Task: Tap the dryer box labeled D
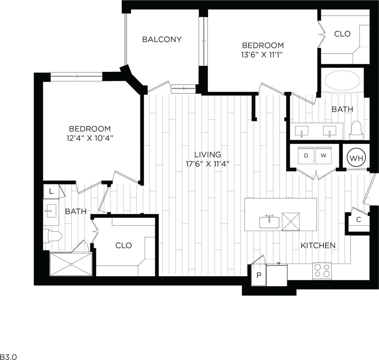(x=306, y=156)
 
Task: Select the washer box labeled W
(x=324, y=156)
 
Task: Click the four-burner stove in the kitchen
(x=322, y=271)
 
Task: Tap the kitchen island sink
(x=269, y=222)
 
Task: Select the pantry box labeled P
(x=258, y=276)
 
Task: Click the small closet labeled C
(x=359, y=220)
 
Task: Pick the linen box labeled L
(x=51, y=191)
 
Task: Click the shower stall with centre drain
(x=71, y=264)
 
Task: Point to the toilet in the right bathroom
(x=356, y=130)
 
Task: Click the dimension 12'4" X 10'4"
(x=89, y=138)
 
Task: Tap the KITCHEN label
(x=318, y=245)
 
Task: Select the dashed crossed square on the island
(x=291, y=221)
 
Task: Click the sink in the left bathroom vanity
(x=51, y=210)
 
